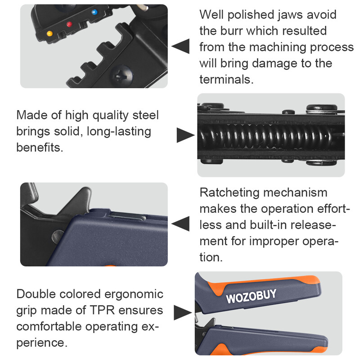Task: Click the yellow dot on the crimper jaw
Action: click(49, 33)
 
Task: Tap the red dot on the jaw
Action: click(69, 24)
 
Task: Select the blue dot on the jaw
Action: click(94, 12)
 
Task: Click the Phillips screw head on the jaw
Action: click(122, 75)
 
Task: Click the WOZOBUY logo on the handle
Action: click(251, 296)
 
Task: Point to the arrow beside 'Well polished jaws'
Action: click(180, 46)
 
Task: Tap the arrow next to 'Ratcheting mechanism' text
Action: click(180, 224)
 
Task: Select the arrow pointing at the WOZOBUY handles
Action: click(183, 312)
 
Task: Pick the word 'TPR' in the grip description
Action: click(102, 310)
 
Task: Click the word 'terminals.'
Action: click(226, 80)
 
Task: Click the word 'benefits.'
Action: click(40, 148)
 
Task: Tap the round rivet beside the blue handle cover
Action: click(57, 237)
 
